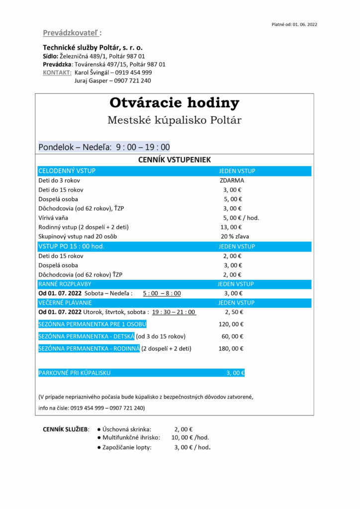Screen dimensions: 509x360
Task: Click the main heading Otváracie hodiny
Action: [x=174, y=103]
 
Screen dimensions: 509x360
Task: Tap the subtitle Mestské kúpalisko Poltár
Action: [x=174, y=120]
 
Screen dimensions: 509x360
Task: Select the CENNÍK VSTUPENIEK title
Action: [x=174, y=160]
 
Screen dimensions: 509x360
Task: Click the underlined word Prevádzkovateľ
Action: [x=71, y=33]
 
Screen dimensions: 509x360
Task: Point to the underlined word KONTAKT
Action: [x=57, y=72]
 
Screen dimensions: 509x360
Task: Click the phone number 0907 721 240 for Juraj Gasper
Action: [x=133, y=81]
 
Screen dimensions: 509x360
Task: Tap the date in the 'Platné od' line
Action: [x=305, y=24]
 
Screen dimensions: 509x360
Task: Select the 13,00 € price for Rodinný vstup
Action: [x=233, y=227]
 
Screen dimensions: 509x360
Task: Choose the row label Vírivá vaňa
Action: [x=53, y=218]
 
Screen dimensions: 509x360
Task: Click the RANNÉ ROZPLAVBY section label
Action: [x=65, y=284]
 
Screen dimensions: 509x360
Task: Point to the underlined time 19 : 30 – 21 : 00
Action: [x=174, y=312]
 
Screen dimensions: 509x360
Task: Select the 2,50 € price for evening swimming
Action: [x=233, y=312]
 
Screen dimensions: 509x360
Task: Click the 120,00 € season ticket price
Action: [x=231, y=324]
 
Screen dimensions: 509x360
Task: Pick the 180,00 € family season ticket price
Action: [x=231, y=348]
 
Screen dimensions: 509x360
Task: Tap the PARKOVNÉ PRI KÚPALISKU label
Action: [x=74, y=373]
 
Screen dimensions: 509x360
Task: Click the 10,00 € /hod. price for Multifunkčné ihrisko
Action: [x=190, y=437]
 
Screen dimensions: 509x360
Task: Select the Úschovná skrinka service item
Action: [x=127, y=429]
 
